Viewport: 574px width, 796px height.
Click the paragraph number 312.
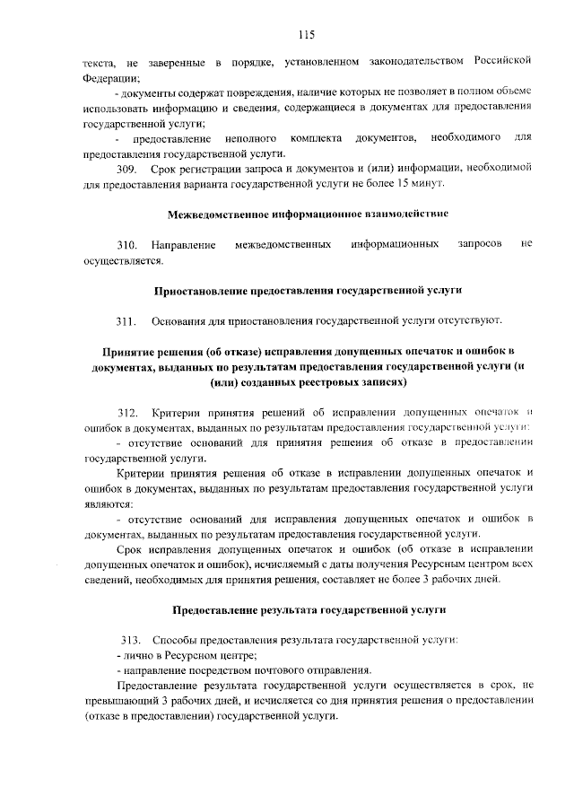(x=127, y=412)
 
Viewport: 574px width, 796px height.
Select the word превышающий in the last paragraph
(x=120, y=701)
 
